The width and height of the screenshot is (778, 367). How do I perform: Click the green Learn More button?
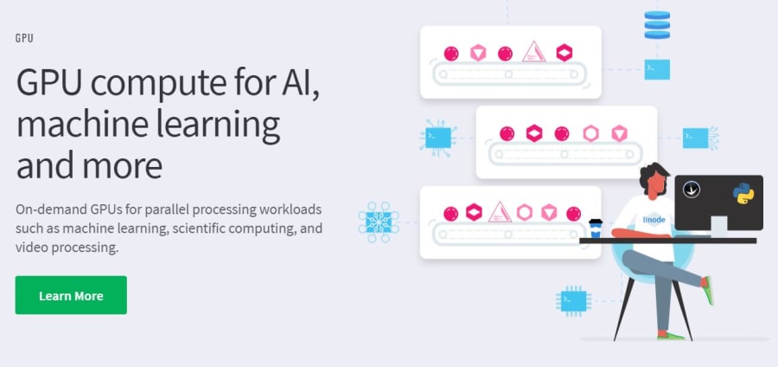point(71,295)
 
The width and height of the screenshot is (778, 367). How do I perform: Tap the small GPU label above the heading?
point(24,38)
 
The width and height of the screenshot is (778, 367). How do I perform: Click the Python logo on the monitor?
point(743,194)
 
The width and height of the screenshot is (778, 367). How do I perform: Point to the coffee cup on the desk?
point(596,229)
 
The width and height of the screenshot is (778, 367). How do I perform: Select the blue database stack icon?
point(657,25)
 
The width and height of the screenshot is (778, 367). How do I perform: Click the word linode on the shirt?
point(652,218)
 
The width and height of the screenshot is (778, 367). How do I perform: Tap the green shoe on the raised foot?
point(708,290)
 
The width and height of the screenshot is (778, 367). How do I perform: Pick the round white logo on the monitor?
point(692,190)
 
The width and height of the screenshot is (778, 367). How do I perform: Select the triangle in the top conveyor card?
point(534,52)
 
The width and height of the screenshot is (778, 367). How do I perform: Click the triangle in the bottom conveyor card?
point(500,213)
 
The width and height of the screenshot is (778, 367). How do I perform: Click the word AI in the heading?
point(297,81)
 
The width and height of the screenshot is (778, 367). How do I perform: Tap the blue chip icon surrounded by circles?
point(379,222)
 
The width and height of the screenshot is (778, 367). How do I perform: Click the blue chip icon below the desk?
point(574,301)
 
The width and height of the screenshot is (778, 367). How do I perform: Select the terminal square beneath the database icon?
point(657,69)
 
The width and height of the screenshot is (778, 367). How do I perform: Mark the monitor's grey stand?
point(719,226)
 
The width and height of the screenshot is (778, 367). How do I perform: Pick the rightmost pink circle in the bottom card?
point(574,214)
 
